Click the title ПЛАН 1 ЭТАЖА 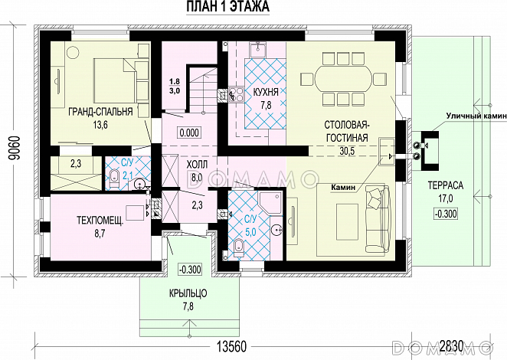(228, 6)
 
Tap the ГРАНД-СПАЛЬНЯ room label (100, 112)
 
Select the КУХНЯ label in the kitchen (266, 93)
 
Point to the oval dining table (343, 79)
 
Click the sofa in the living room (377, 218)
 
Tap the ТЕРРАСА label (446, 185)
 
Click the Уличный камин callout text (476, 116)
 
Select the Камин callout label (343, 188)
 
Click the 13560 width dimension (231, 347)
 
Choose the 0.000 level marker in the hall (189, 133)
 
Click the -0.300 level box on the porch (190, 269)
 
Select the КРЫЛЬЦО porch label (188, 293)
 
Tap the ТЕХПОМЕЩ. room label (100, 221)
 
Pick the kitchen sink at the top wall (257, 50)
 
